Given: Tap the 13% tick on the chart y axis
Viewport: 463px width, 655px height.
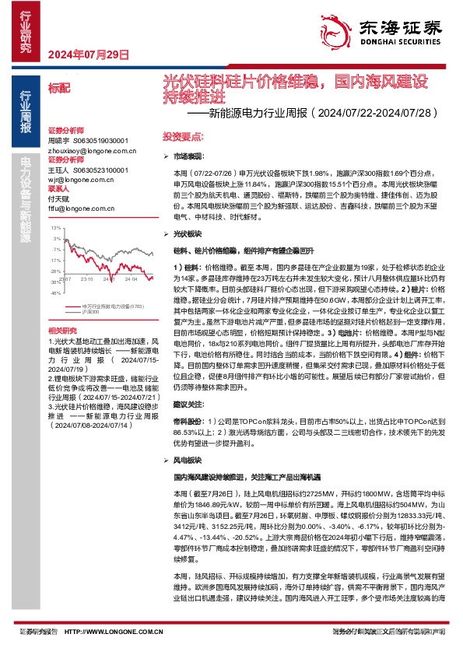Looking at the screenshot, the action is [x=55, y=228].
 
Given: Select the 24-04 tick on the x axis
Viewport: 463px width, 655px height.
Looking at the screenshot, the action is [x=130, y=278].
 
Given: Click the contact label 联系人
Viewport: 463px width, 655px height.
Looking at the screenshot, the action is [x=58, y=189].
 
